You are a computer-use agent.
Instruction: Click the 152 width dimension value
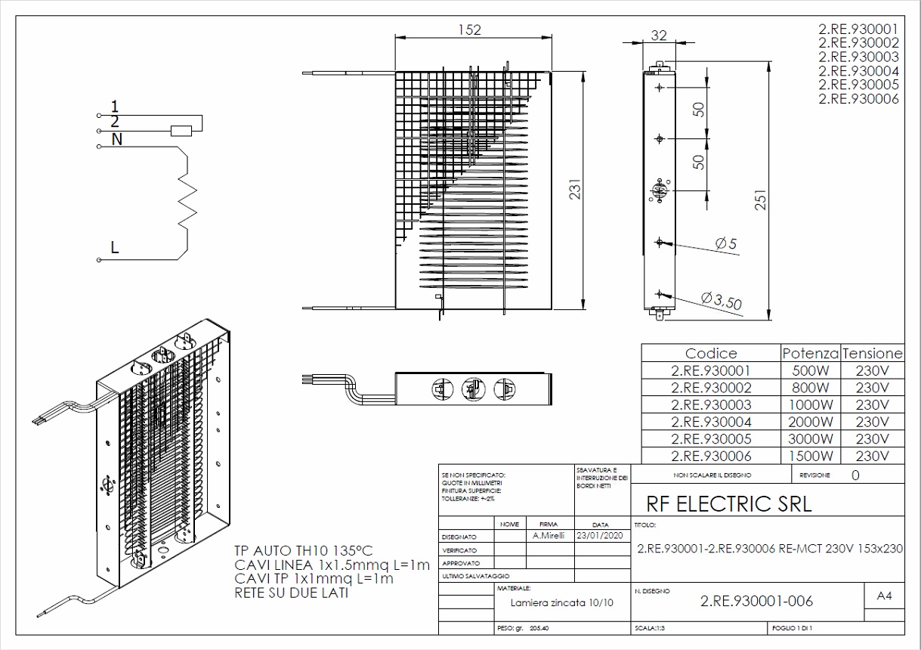point(469,29)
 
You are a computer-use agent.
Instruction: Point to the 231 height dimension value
point(575,189)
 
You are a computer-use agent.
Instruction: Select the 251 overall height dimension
point(761,200)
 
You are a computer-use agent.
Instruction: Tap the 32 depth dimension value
point(659,36)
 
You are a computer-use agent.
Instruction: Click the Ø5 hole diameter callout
point(726,243)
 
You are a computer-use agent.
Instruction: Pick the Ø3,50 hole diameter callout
point(722,300)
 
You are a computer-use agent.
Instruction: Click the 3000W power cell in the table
point(811,439)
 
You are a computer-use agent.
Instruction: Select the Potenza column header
point(811,354)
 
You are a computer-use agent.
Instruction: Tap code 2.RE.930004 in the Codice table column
point(711,422)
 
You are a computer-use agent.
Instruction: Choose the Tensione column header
point(873,354)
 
